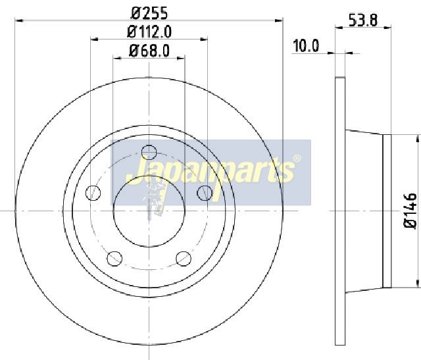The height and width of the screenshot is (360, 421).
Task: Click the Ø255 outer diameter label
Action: click(x=149, y=13)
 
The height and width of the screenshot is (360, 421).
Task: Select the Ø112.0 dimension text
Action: click(x=149, y=32)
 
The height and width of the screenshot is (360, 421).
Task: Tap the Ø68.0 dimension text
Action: click(x=149, y=51)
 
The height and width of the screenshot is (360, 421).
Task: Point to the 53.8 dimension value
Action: click(x=363, y=20)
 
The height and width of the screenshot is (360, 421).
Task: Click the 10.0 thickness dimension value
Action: click(x=306, y=45)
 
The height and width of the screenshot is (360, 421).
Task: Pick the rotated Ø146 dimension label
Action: click(x=410, y=211)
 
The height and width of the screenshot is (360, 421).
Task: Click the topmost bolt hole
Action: click(x=149, y=152)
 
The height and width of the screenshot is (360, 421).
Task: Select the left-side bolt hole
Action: click(x=93, y=193)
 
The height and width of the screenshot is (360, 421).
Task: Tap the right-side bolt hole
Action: click(x=205, y=193)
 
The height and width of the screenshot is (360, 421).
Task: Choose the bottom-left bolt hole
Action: click(x=114, y=259)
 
